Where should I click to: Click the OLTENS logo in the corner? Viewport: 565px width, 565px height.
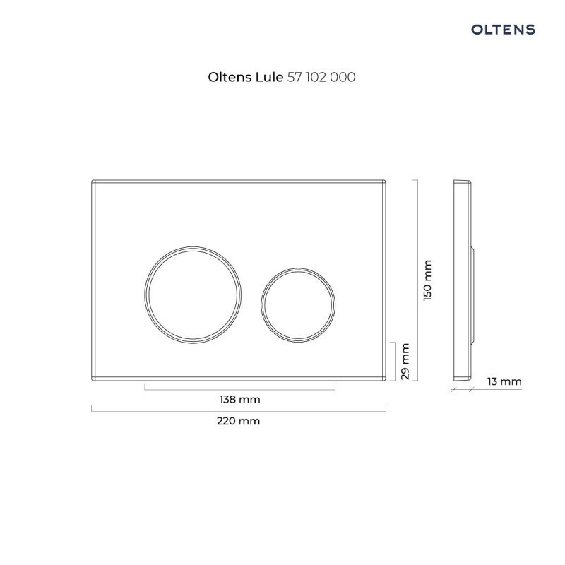503,29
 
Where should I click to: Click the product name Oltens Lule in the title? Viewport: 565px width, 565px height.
245,77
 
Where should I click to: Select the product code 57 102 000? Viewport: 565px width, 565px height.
321,77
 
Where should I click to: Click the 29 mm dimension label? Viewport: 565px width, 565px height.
405,361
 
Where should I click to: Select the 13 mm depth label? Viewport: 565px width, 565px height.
504,381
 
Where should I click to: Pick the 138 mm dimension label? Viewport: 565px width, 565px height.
239,399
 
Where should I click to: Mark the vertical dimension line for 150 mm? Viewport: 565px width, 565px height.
417,280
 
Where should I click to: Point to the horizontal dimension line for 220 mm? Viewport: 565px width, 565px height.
239,410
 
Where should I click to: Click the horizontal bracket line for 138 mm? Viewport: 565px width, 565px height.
239,388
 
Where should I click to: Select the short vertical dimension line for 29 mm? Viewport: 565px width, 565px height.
393,361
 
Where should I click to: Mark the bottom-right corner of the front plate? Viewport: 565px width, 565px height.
385,380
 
